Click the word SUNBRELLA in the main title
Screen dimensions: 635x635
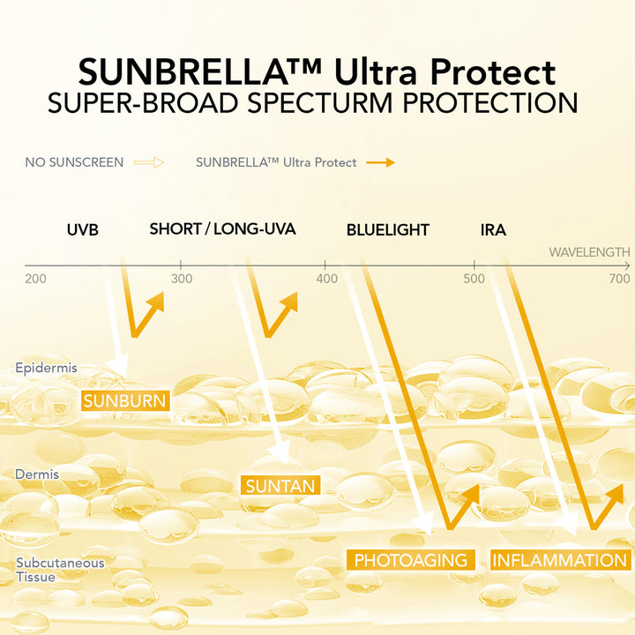pyautogui.click(x=183, y=71)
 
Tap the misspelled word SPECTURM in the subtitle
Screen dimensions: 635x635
pyautogui.click(x=320, y=103)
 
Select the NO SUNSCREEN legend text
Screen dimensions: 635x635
pyautogui.click(x=74, y=162)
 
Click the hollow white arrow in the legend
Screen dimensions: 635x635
pyautogui.click(x=149, y=163)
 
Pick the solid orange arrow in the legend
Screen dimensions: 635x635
pyautogui.click(x=380, y=163)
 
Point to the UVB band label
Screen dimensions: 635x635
pyautogui.click(x=83, y=230)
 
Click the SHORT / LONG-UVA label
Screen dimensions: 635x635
pyautogui.click(x=223, y=228)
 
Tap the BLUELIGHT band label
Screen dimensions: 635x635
pyautogui.click(x=387, y=230)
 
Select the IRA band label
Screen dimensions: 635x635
pyautogui.click(x=493, y=230)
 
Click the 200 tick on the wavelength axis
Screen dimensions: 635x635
pyautogui.click(x=35, y=279)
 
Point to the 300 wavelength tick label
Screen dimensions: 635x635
pyautogui.click(x=182, y=279)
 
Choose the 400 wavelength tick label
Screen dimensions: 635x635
pyautogui.click(x=327, y=279)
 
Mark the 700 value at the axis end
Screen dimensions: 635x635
pyautogui.click(x=619, y=279)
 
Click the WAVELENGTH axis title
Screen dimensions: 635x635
pyautogui.click(x=589, y=252)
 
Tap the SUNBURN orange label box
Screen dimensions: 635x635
pyautogui.click(x=125, y=401)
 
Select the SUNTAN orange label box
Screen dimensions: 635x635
pyautogui.click(x=280, y=485)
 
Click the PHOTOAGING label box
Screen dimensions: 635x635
pyautogui.click(x=411, y=560)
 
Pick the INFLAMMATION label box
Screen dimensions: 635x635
pyautogui.click(x=561, y=560)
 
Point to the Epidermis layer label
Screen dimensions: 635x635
pyautogui.click(x=46, y=368)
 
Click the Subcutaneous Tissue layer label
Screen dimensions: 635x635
pyautogui.click(x=60, y=570)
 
